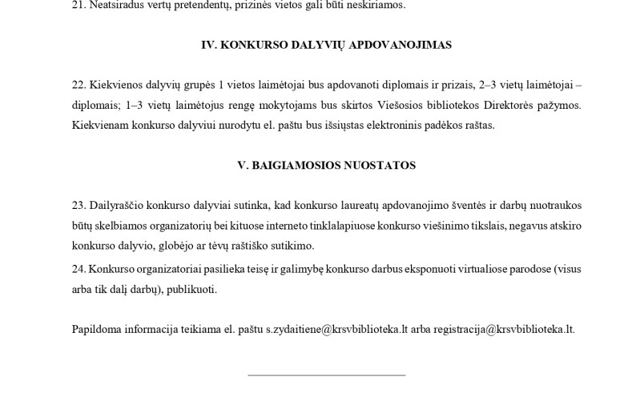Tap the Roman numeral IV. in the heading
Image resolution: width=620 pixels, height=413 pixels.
pos(210,45)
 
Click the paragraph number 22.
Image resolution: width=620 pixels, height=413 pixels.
pos(79,85)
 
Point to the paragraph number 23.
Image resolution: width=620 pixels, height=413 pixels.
pos(79,206)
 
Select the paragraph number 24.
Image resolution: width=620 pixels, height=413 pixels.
pos(79,269)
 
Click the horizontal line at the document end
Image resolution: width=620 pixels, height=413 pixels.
pos(326,375)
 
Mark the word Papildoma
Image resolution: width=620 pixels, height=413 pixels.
pos(97,329)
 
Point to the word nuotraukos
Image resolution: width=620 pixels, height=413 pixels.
pos(554,206)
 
